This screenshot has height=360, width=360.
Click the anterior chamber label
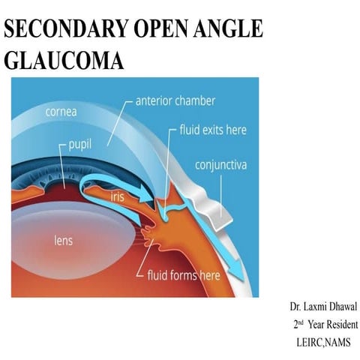[175, 99]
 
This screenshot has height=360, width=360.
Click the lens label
[68, 241]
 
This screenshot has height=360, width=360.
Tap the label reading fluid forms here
[184, 275]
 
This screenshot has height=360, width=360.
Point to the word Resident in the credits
[340, 325]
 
